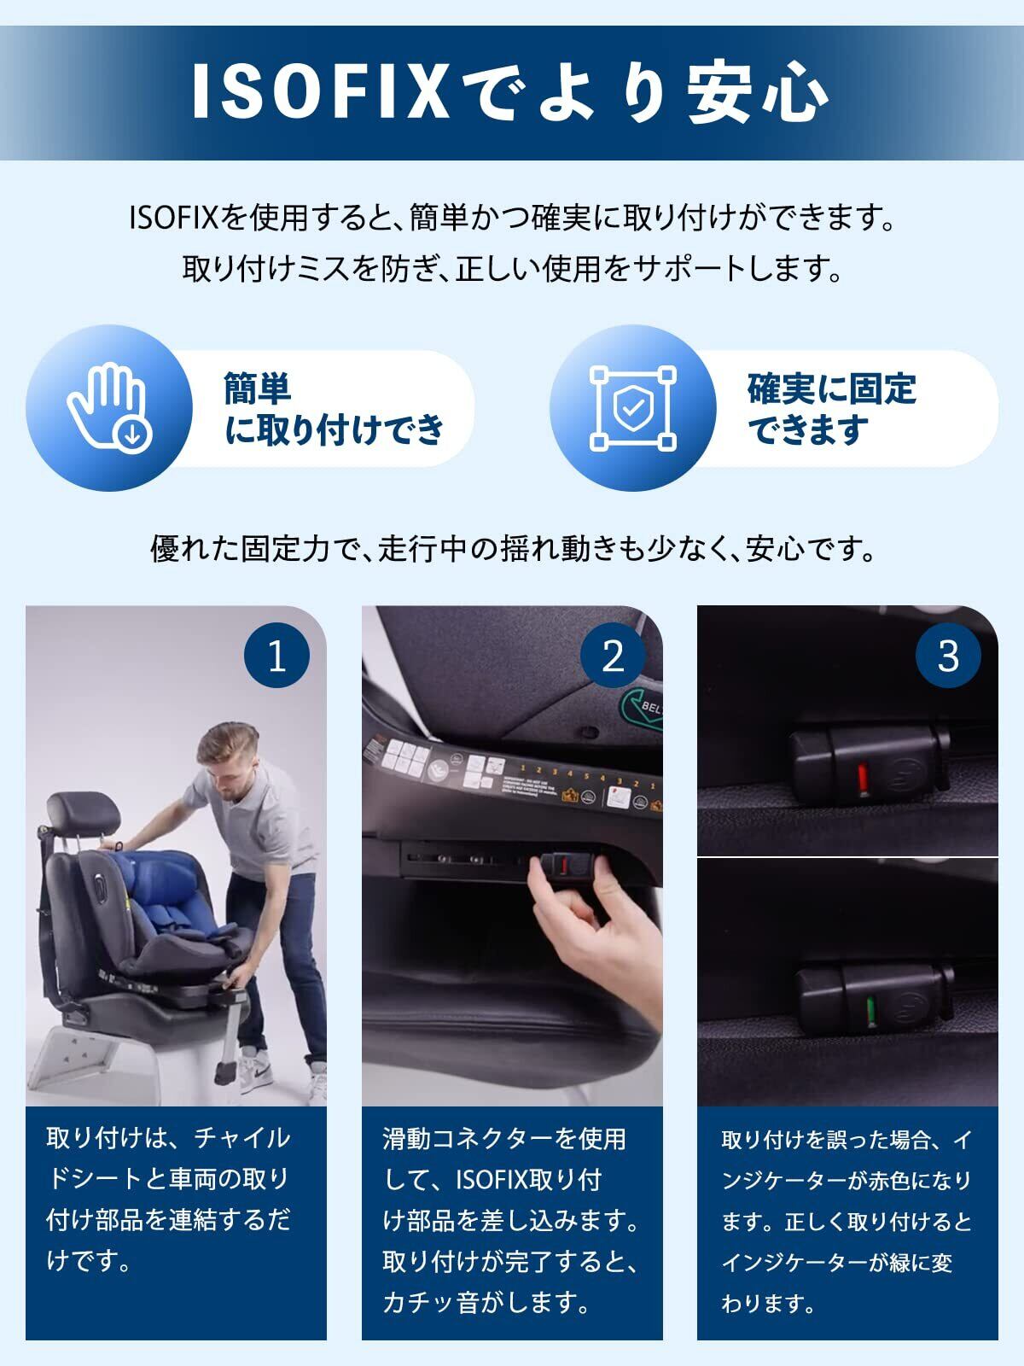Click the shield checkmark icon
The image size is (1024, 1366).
[632, 408]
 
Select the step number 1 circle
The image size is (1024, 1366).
[276, 655]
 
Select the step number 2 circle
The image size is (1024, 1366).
[613, 655]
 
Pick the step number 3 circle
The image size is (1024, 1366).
[948, 655]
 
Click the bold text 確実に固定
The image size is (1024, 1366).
[831, 389]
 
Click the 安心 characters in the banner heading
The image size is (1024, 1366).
[758, 91]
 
